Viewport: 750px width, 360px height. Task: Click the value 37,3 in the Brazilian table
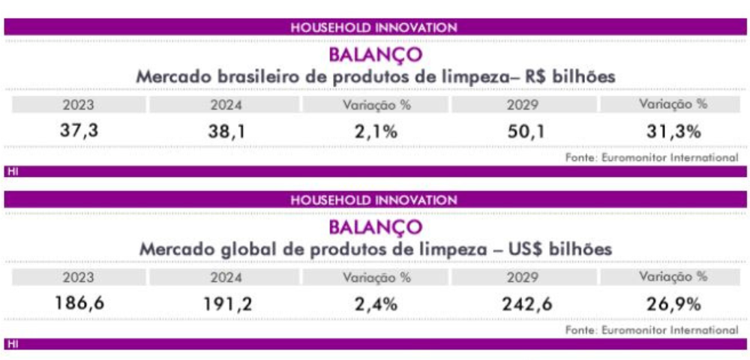[x=79, y=131]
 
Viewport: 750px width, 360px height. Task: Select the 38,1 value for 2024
[x=226, y=131]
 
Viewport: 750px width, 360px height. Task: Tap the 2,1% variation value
[x=376, y=131]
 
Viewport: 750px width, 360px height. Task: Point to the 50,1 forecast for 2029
[x=526, y=131]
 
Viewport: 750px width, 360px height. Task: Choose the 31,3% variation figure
[x=674, y=131]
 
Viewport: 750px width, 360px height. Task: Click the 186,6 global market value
[x=79, y=304]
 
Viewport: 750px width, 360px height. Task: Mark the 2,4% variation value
[x=376, y=304]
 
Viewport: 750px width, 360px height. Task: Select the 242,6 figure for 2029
[x=526, y=304]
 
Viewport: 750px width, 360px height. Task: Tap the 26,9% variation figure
[x=674, y=304]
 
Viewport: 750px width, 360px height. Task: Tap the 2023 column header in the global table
[x=79, y=277]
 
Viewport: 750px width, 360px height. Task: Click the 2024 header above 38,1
[x=226, y=105]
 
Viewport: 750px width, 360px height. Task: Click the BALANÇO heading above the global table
[x=376, y=227]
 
